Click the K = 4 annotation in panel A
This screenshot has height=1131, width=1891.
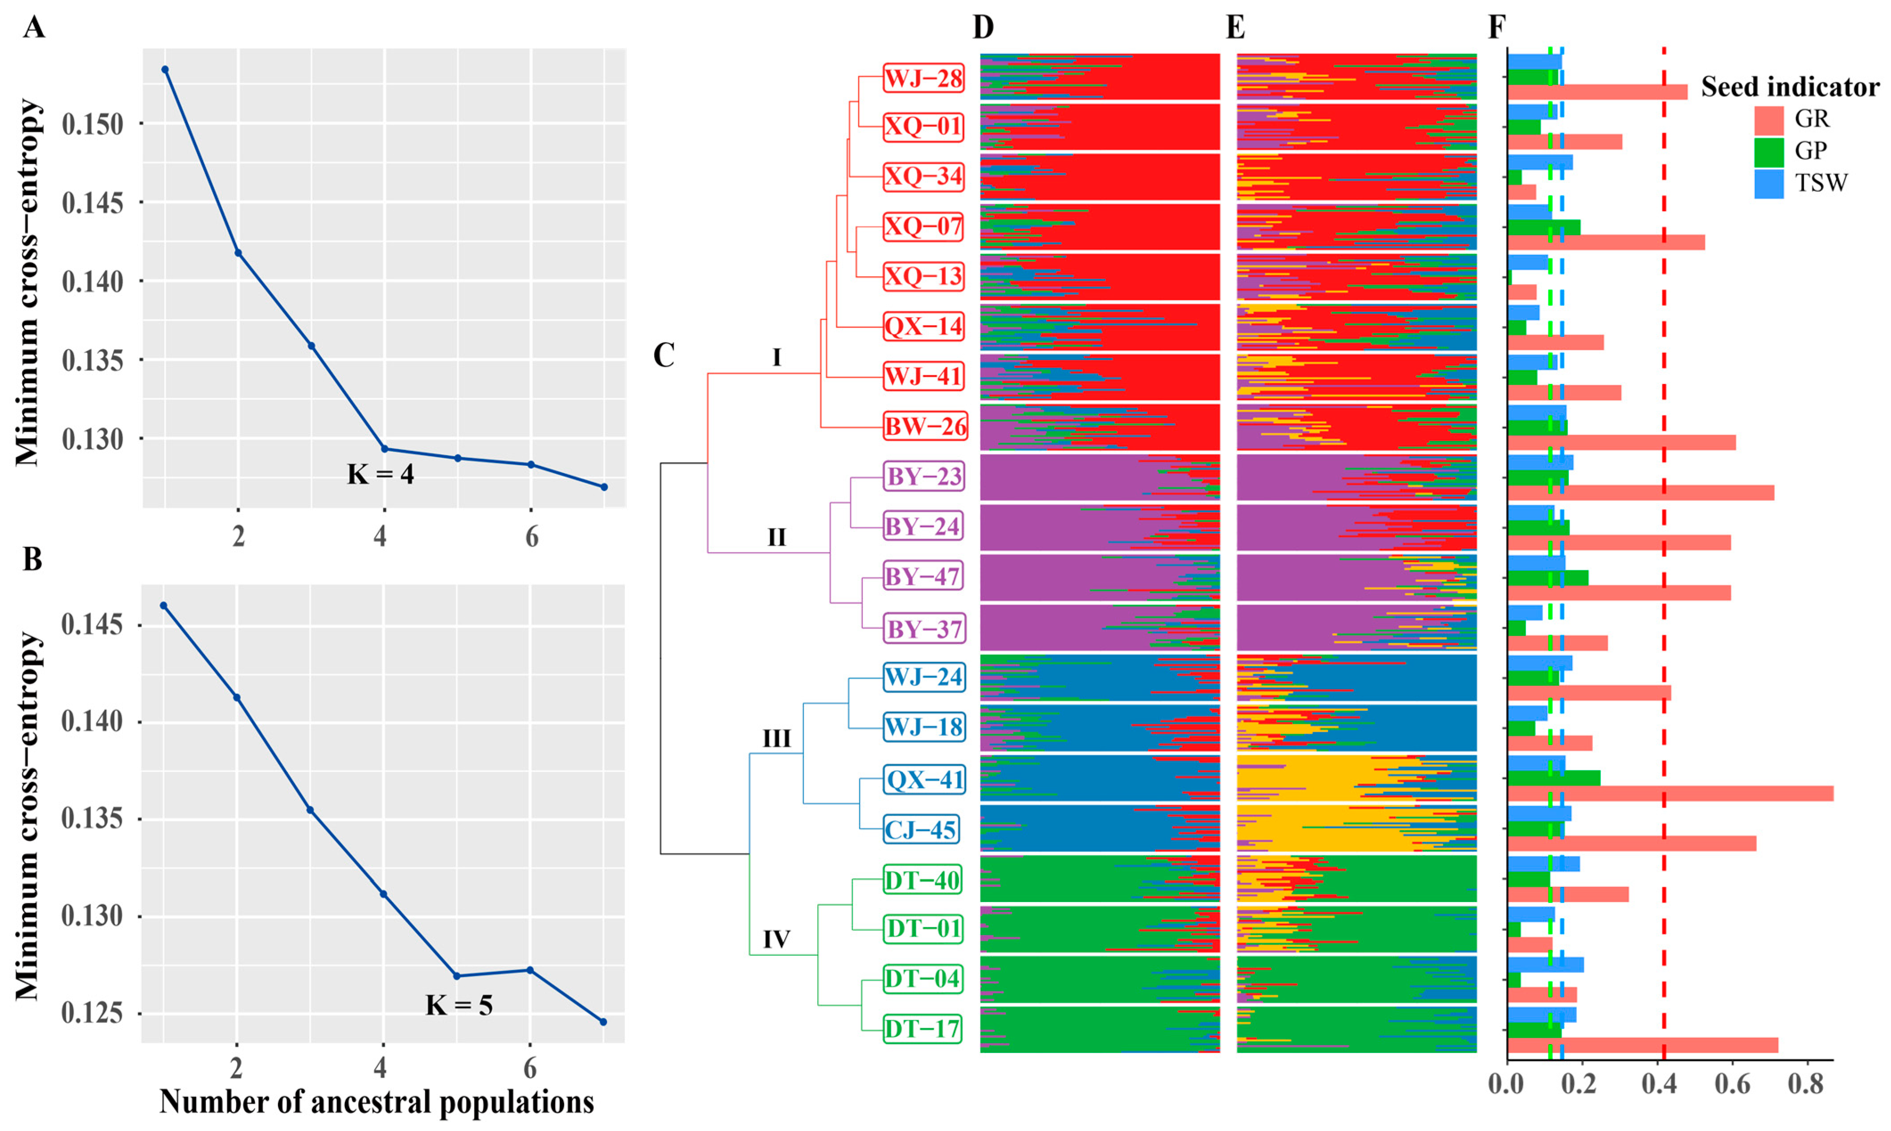click(381, 474)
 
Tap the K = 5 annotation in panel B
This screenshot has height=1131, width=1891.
click(459, 1005)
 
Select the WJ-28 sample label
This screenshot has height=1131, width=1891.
click(924, 78)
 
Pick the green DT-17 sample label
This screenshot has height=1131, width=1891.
click(922, 1029)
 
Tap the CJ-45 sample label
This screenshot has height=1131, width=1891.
click(921, 829)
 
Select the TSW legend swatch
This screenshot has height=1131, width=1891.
click(1769, 184)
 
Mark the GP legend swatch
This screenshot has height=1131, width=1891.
click(1769, 151)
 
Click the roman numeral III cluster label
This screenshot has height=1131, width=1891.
click(777, 739)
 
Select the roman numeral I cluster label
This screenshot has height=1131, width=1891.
click(777, 357)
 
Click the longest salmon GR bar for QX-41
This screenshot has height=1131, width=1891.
click(1671, 793)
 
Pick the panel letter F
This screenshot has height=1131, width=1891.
click(1497, 28)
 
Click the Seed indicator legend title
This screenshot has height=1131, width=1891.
click(1790, 87)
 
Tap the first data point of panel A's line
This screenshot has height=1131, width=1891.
click(164, 69)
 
